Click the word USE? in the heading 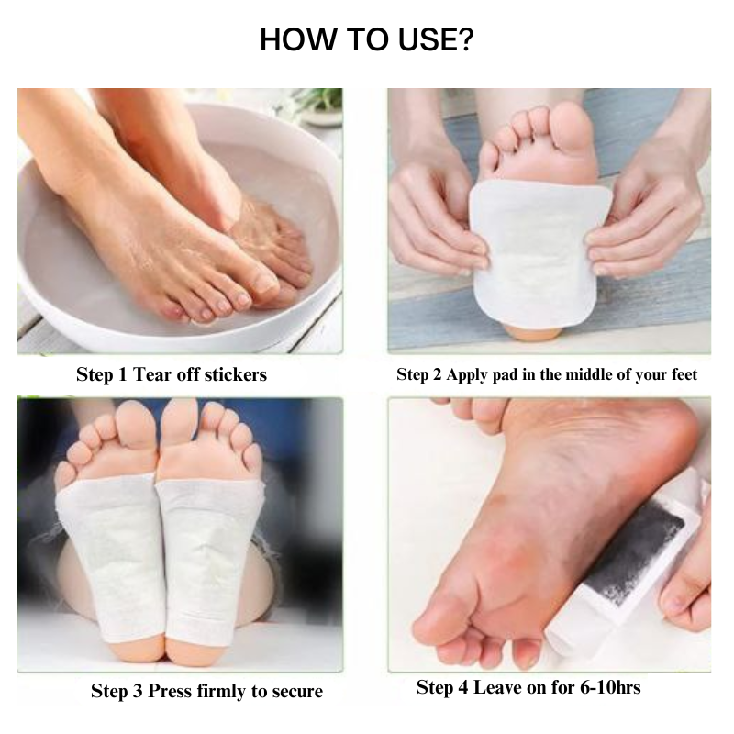point(436,39)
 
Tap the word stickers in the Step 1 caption point(236,374)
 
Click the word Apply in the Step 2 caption point(466,375)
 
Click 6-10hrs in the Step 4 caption point(610,687)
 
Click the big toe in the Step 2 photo point(570,127)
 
